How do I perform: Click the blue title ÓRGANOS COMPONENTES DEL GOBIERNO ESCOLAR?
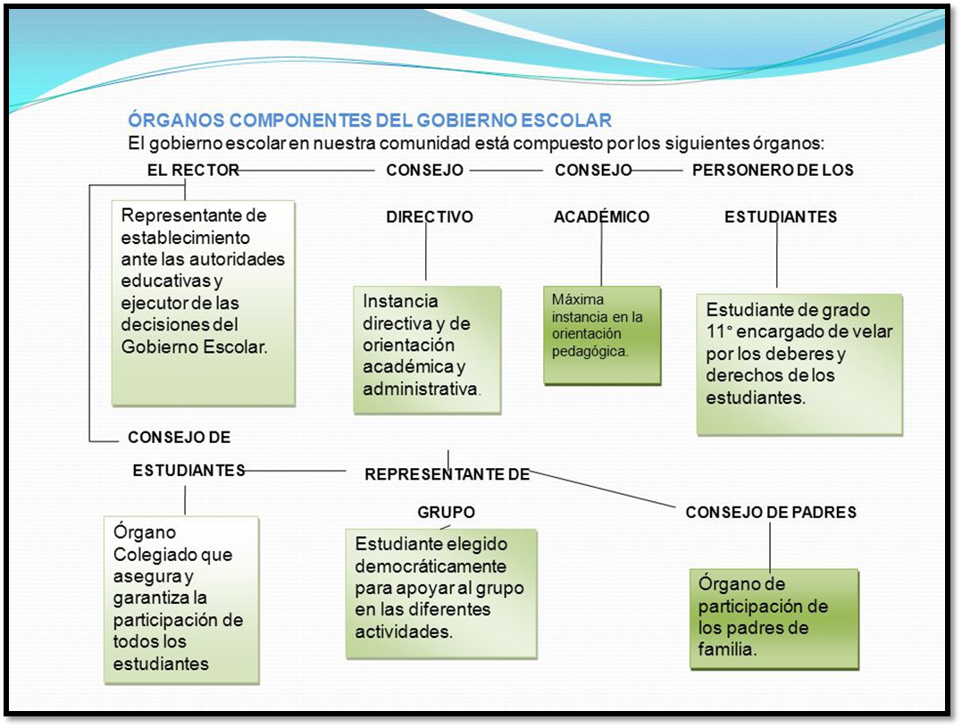(370, 120)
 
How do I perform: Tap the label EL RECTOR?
(193, 170)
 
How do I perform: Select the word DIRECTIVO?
(430, 216)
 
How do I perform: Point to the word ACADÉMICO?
(601, 216)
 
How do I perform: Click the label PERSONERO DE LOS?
(773, 170)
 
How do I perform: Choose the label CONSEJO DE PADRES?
(771, 512)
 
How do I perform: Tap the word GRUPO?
(446, 512)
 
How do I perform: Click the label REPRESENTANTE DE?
(448, 474)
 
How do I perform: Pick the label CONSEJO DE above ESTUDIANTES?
(180, 438)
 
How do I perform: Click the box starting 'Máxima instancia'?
(602, 335)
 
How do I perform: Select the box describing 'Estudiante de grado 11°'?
(799, 364)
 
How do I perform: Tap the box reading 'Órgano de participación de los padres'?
(774, 619)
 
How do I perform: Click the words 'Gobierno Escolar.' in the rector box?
(194, 347)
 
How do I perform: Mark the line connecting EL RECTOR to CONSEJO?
(306, 170)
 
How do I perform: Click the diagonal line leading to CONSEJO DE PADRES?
(602, 489)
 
